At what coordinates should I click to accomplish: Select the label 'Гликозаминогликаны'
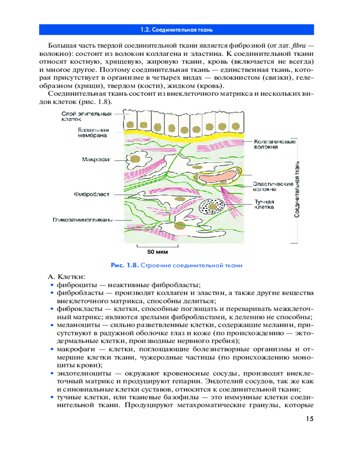84,220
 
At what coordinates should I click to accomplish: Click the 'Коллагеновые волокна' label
274,144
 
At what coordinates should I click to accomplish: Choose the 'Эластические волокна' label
273,187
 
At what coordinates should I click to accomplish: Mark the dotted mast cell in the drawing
209,208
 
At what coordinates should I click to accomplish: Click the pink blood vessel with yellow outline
218,176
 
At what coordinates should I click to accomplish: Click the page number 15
308,419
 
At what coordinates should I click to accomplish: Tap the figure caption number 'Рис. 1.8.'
125,265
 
